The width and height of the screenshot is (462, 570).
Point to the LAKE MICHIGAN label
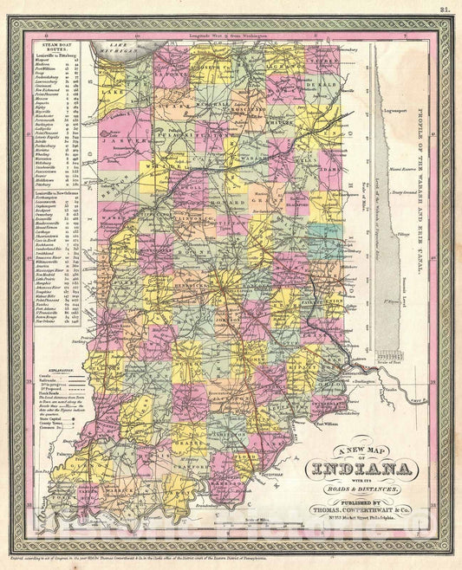[x=115, y=51]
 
